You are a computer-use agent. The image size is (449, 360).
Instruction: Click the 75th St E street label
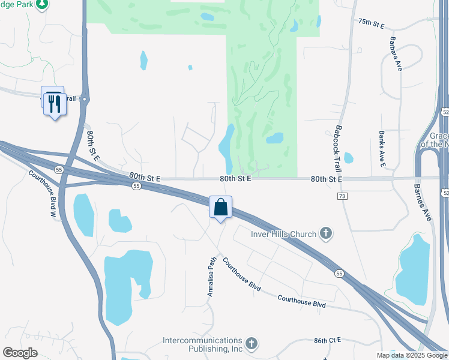[x=371, y=22]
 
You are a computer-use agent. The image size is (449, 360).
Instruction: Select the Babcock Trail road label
[x=339, y=145]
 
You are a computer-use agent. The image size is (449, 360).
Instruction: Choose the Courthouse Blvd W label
[x=44, y=193]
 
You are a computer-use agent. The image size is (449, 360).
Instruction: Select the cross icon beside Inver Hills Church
[x=326, y=233]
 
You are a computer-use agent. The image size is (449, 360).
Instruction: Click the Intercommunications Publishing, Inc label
[x=203, y=344]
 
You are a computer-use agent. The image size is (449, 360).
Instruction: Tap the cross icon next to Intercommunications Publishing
[x=252, y=344]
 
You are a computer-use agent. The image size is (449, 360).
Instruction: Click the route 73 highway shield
[x=342, y=196]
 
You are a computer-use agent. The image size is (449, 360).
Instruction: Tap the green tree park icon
[x=41, y=5]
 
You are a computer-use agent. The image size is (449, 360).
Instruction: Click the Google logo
[x=20, y=353]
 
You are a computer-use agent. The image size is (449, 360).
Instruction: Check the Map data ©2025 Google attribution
[x=412, y=355]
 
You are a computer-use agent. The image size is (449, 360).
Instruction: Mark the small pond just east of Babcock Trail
[x=349, y=158]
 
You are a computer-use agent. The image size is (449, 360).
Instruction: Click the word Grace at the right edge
[x=439, y=136]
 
